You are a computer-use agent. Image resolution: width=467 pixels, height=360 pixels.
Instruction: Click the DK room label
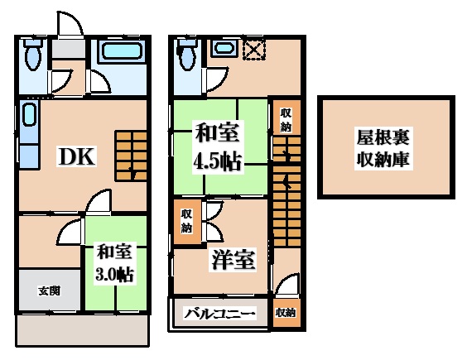[76, 156]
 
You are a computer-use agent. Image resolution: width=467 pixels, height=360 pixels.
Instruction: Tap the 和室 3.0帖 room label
[114, 262]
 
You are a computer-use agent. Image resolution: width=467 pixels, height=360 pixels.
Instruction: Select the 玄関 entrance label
[48, 290]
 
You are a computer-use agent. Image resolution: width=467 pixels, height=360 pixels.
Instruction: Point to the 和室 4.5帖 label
[218, 146]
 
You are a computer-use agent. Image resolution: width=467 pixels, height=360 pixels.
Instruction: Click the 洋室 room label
[230, 259]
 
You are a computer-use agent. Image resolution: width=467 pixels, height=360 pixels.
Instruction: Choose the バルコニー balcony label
[219, 314]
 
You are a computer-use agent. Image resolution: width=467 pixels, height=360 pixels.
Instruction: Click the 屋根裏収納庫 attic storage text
[386, 146]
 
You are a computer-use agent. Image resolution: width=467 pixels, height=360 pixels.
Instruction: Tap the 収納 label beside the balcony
[285, 313]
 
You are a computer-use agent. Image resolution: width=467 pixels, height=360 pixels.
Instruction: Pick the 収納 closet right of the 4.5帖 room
[286, 121]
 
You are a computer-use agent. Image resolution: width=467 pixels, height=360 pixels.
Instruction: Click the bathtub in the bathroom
[121, 58]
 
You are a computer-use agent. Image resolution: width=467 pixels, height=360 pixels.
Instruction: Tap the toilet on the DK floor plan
[34, 57]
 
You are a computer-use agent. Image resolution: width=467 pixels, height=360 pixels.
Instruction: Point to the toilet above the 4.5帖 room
[187, 56]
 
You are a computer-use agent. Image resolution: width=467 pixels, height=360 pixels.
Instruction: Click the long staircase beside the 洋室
[285, 203]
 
